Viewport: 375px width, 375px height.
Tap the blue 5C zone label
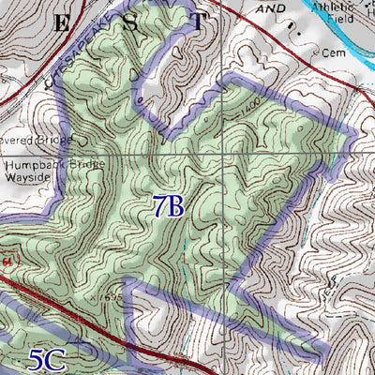pyautogui.click(x=47, y=359)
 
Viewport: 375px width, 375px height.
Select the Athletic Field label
pyautogui.click(x=333, y=12)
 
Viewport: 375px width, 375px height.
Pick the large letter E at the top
pyautogui.click(x=61, y=25)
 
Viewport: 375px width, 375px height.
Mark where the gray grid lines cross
pyautogui.click(x=223, y=154)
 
